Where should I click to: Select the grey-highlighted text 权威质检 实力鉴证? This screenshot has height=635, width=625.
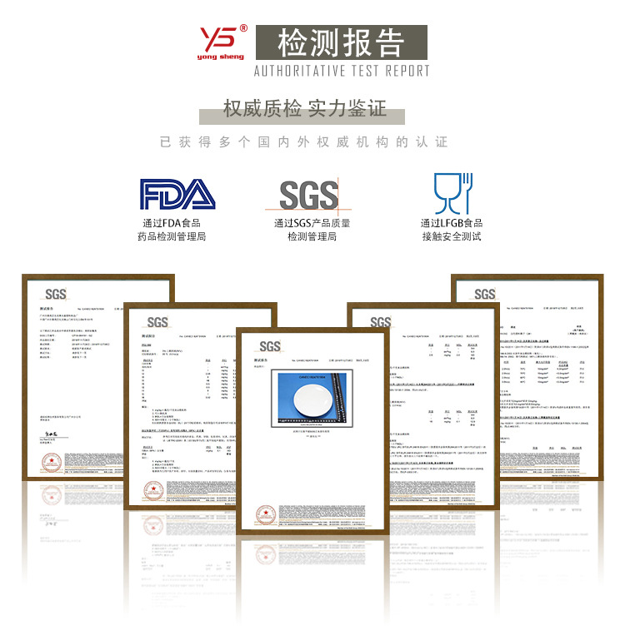point(305,109)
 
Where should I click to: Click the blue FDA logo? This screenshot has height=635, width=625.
point(177,194)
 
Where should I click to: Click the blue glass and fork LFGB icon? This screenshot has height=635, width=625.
point(452,193)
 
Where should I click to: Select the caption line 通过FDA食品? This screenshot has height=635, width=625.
point(172,222)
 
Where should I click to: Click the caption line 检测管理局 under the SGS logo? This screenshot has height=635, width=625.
point(312,237)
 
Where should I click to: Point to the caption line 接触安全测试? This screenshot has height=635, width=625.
point(451,237)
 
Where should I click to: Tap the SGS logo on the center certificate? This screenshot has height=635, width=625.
point(270,346)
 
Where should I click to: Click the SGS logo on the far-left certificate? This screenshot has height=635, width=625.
point(55,294)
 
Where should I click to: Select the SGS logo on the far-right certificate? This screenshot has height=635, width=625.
point(485,294)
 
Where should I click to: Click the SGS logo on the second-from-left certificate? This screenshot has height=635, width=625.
point(157,322)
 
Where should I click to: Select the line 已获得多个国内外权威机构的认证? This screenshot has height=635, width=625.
point(304,142)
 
